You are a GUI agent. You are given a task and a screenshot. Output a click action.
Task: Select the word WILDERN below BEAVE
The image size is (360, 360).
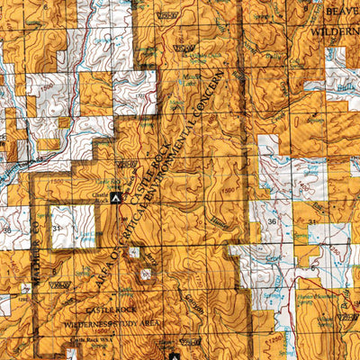coord(335,30)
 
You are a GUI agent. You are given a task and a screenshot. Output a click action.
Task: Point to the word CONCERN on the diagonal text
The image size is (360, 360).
coord(229,93)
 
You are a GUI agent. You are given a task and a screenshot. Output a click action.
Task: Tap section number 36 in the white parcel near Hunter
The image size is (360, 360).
coord(272,219)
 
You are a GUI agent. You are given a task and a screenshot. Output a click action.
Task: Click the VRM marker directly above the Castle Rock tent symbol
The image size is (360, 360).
coord(126,164)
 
